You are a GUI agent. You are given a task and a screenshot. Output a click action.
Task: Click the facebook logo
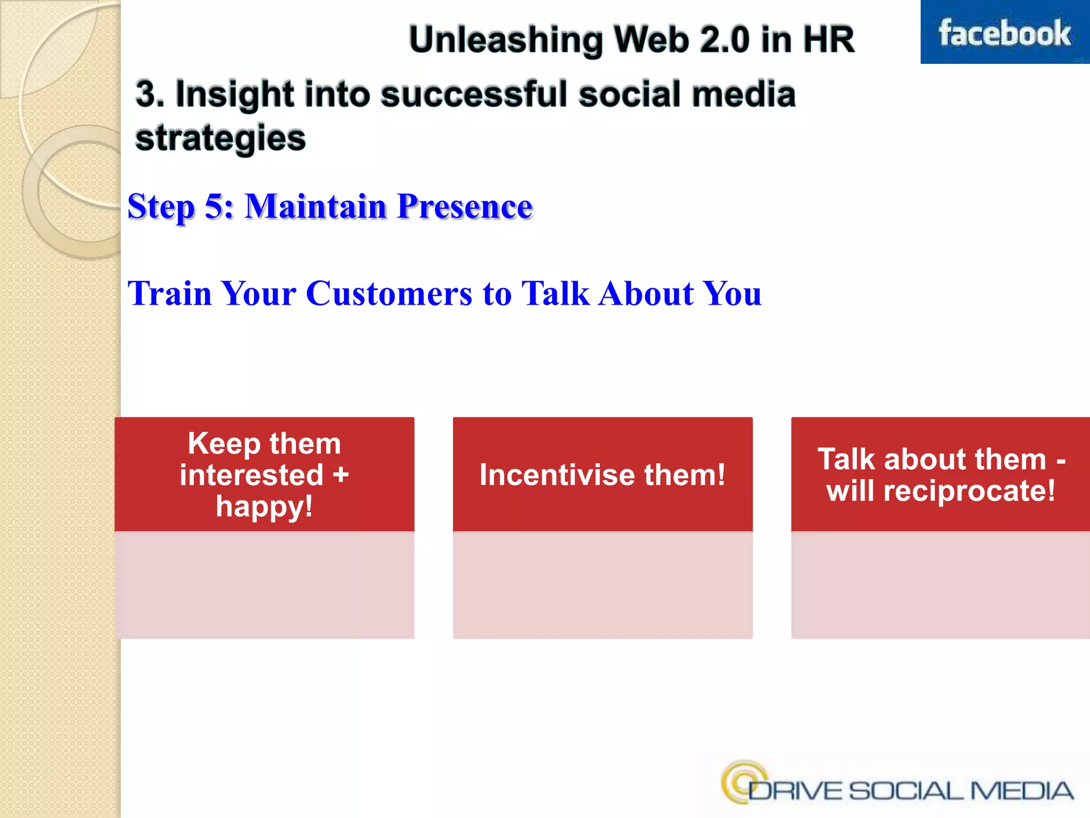coord(1004,33)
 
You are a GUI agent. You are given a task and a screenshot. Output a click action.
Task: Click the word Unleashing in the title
coord(505,40)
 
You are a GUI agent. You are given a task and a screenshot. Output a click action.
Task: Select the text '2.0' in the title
coord(724,40)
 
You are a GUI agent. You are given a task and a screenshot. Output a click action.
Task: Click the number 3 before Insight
coord(146,94)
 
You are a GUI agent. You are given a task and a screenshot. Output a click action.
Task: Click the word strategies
coord(220,138)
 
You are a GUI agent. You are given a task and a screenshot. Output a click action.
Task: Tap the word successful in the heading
coord(475,94)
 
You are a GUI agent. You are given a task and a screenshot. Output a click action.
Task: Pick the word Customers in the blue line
coord(389,293)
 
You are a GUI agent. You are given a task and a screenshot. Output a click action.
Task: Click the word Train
coord(169,293)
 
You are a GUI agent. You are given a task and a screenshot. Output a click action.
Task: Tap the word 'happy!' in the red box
coord(264,506)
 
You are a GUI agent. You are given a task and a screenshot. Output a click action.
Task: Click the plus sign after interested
coord(341,475)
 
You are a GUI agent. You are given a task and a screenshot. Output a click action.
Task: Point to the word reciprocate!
coord(969,490)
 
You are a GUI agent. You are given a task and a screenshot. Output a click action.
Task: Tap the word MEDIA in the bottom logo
coord(1021,791)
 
